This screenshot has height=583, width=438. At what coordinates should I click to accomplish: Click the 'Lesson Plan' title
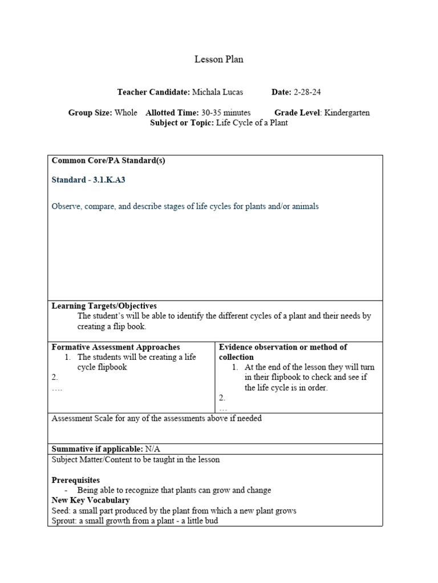point(219,60)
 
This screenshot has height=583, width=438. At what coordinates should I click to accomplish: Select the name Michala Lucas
point(218,92)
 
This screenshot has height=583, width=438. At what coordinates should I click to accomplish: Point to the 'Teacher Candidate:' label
point(153,92)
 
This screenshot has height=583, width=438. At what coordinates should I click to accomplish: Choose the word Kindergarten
point(347,113)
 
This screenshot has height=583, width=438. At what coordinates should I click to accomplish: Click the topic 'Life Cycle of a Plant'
point(252,123)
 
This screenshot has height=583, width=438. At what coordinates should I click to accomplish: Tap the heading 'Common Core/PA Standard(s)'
point(108,161)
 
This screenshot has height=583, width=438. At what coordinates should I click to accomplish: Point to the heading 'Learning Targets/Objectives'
point(104,306)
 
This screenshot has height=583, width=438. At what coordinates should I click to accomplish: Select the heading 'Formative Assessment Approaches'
point(116,347)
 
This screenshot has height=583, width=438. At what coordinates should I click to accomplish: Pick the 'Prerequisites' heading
point(76,481)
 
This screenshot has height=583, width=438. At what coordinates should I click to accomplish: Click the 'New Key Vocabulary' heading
point(91,500)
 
